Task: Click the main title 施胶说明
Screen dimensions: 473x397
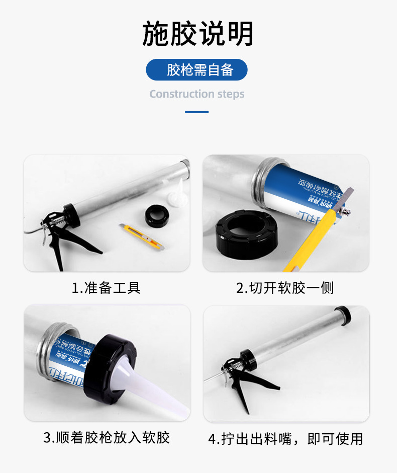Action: tap(198, 34)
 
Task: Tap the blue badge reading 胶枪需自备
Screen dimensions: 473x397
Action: tap(197, 70)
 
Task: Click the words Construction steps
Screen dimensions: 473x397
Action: tap(197, 94)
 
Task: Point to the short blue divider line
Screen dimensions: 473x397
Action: tap(197, 112)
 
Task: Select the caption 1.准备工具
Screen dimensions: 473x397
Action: tap(106, 288)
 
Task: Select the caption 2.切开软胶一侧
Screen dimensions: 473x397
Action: tap(285, 288)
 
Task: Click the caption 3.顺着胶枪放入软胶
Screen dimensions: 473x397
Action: tap(107, 437)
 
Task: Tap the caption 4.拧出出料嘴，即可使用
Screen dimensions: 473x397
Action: tap(285, 439)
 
